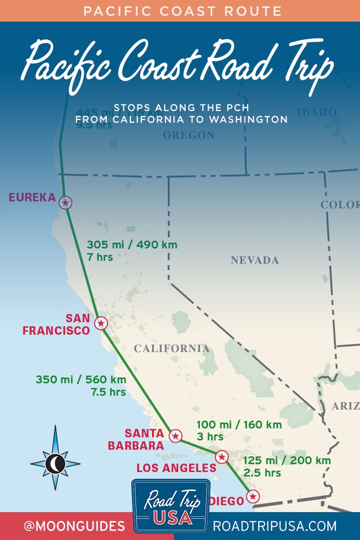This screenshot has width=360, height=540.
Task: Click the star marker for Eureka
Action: click(65, 202)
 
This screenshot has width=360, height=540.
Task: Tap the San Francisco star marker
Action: click(101, 323)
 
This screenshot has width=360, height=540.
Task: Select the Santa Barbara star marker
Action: click(175, 436)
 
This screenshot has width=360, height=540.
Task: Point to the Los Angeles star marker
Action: click(222, 457)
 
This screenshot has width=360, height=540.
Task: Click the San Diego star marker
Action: click(252, 496)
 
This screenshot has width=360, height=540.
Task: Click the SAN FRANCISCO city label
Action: click(56, 324)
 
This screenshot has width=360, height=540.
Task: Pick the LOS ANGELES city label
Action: click(176, 468)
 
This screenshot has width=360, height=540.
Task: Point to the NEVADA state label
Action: click(255, 260)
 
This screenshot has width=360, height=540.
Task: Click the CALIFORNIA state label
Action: click(171, 348)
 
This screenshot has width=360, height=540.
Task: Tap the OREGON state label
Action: click(189, 135)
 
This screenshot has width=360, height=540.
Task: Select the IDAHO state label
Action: click(317, 113)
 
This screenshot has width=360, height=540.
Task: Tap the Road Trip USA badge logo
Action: click(170, 506)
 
